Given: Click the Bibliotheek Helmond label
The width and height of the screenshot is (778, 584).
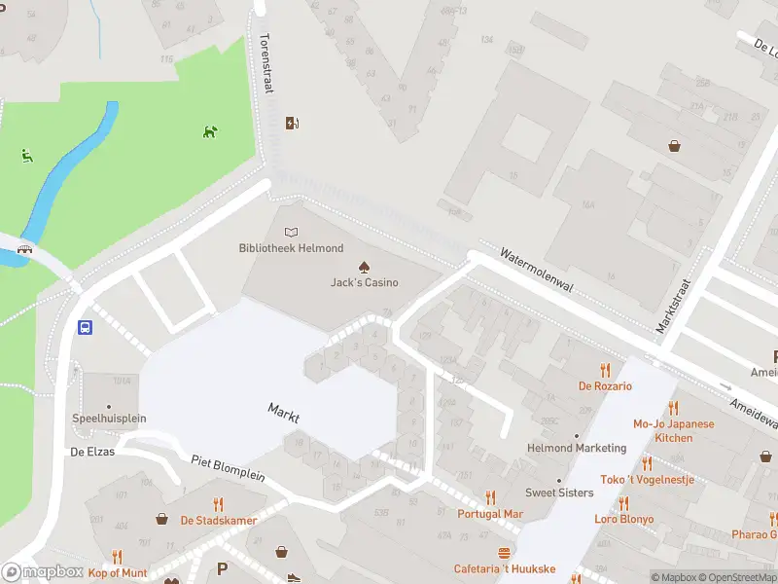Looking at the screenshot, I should (291, 248).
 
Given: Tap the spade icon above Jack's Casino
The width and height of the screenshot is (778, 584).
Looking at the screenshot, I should (364, 267).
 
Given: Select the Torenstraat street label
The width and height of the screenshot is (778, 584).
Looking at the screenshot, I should (265, 64).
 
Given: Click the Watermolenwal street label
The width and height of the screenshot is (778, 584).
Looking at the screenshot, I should (537, 268).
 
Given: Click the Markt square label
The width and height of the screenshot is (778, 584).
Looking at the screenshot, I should (284, 413).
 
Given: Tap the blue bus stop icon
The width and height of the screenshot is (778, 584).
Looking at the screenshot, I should (86, 328).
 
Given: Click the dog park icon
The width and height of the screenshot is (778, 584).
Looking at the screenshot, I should (210, 131).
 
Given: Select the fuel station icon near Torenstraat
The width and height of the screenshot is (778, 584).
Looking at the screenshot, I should (291, 123).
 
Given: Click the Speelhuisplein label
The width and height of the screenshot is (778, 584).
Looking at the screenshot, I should (109, 419).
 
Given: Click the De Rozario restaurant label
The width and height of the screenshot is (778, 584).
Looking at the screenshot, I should (605, 386).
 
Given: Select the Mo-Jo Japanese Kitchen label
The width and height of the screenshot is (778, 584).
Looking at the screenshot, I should (673, 430).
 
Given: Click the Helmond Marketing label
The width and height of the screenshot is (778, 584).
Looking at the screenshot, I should (576, 448).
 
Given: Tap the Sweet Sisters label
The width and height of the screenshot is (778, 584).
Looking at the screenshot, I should (559, 493).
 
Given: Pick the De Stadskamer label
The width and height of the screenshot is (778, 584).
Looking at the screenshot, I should (218, 520).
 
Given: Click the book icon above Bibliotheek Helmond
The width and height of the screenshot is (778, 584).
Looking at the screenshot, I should (291, 233).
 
